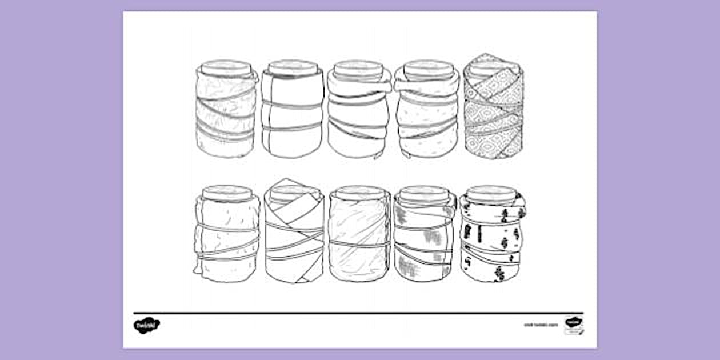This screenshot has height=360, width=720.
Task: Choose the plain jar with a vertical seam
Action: [293, 111]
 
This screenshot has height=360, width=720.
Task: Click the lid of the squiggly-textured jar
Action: [226, 66]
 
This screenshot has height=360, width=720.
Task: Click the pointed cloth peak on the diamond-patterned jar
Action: [485, 57]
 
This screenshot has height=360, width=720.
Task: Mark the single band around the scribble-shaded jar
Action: [359, 242]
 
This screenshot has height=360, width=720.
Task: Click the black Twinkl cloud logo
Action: [147, 325]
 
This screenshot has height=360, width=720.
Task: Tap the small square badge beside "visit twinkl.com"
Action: [573, 323]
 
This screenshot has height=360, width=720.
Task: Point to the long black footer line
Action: [359, 313]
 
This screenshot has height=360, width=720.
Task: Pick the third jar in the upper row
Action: [359, 111]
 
